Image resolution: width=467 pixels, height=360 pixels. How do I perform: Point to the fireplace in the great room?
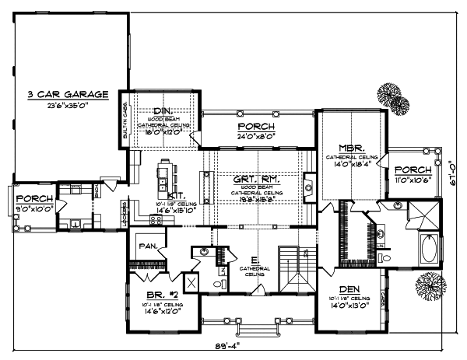308,187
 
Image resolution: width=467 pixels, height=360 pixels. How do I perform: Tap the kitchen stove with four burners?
155,220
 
